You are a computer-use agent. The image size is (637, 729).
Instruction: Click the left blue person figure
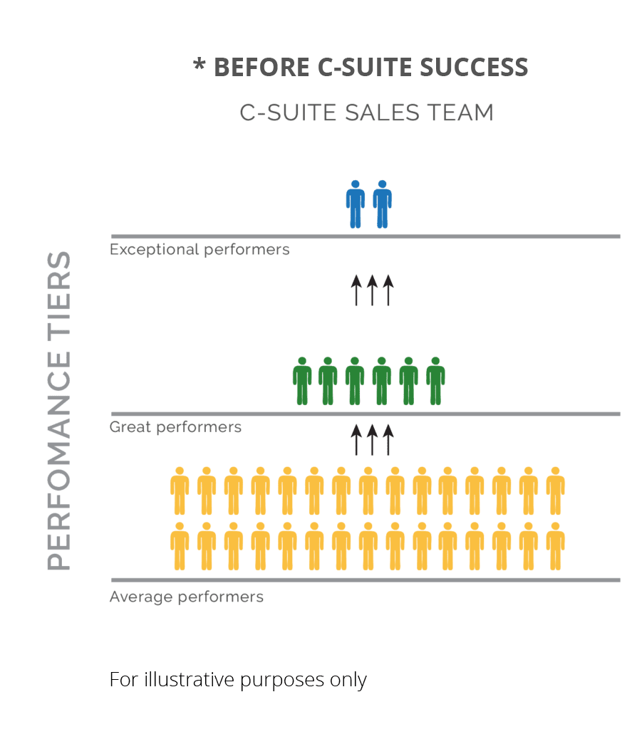point(355,204)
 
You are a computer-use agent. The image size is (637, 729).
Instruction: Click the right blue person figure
point(383,204)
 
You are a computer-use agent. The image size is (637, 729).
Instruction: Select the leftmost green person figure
point(303,382)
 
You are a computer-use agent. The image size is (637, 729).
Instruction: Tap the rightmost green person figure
point(435,382)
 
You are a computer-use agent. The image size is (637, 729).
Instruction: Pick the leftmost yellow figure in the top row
point(180,491)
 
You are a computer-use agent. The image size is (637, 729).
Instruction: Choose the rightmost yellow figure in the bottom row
point(555,547)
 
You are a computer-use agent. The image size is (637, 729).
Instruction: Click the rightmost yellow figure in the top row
point(555,491)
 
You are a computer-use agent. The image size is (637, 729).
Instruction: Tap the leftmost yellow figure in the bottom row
point(180,547)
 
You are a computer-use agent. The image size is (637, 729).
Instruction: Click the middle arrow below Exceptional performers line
point(372,291)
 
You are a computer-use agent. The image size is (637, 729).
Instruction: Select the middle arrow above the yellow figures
point(372,439)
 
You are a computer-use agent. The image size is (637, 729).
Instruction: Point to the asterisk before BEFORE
point(200,66)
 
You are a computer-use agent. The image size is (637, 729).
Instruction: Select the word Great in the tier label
point(130,427)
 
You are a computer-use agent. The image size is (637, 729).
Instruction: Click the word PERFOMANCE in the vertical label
point(59,463)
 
